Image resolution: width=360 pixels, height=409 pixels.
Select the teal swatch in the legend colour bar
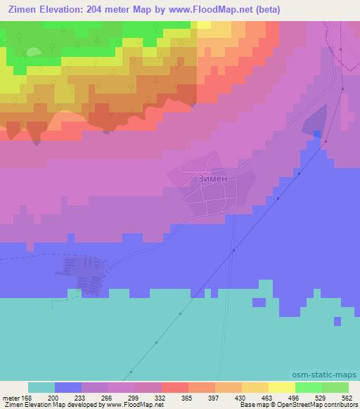(x=41, y=387)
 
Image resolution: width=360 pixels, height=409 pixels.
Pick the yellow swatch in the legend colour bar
(x=282, y=387)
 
